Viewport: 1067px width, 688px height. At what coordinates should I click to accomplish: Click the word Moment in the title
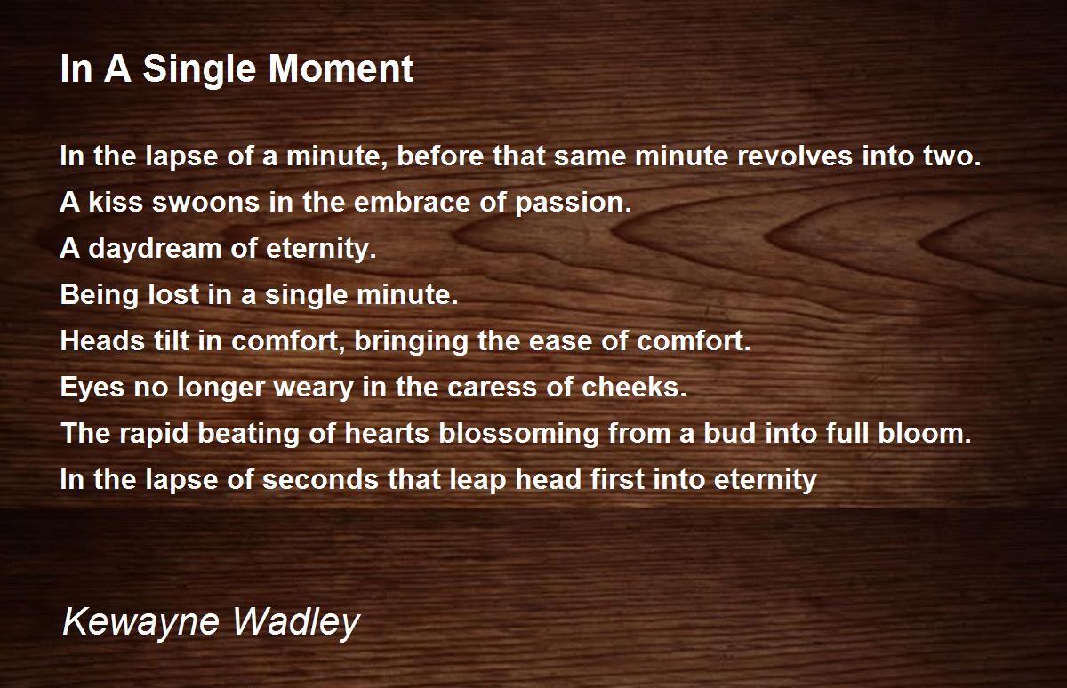tap(341, 69)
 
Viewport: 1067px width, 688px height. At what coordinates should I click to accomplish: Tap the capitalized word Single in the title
tap(199, 71)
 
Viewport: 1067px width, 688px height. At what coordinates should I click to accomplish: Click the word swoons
tap(205, 203)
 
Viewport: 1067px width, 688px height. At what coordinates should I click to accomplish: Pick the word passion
tap(573, 204)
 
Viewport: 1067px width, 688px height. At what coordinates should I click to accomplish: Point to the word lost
tap(172, 294)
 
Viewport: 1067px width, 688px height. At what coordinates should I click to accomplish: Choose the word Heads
tap(102, 341)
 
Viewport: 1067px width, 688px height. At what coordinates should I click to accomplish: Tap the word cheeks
tap(634, 387)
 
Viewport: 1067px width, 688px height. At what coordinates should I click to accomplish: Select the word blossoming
tap(518, 435)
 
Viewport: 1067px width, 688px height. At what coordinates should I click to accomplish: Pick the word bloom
tap(925, 433)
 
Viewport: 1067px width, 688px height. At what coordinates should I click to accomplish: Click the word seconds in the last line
tap(321, 479)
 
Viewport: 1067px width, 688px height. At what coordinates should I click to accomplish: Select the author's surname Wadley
tap(296, 623)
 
